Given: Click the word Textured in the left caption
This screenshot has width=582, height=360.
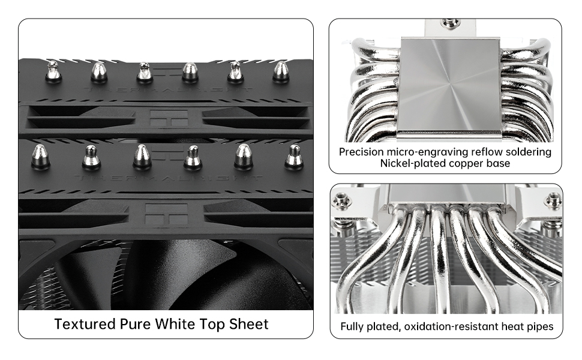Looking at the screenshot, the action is [85, 324].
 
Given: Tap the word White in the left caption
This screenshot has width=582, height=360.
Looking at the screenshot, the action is [175, 324].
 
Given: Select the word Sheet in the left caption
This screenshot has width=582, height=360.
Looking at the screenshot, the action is [248, 324].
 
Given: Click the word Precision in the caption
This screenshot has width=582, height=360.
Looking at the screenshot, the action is [361, 152].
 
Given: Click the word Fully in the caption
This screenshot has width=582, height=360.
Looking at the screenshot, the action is [352, 327].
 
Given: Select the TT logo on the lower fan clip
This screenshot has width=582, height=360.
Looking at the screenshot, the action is [166, 213].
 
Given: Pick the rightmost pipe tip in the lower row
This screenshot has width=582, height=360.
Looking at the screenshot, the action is [293, 157].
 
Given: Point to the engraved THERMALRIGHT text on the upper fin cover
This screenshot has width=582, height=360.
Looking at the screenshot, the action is [168, 90].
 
